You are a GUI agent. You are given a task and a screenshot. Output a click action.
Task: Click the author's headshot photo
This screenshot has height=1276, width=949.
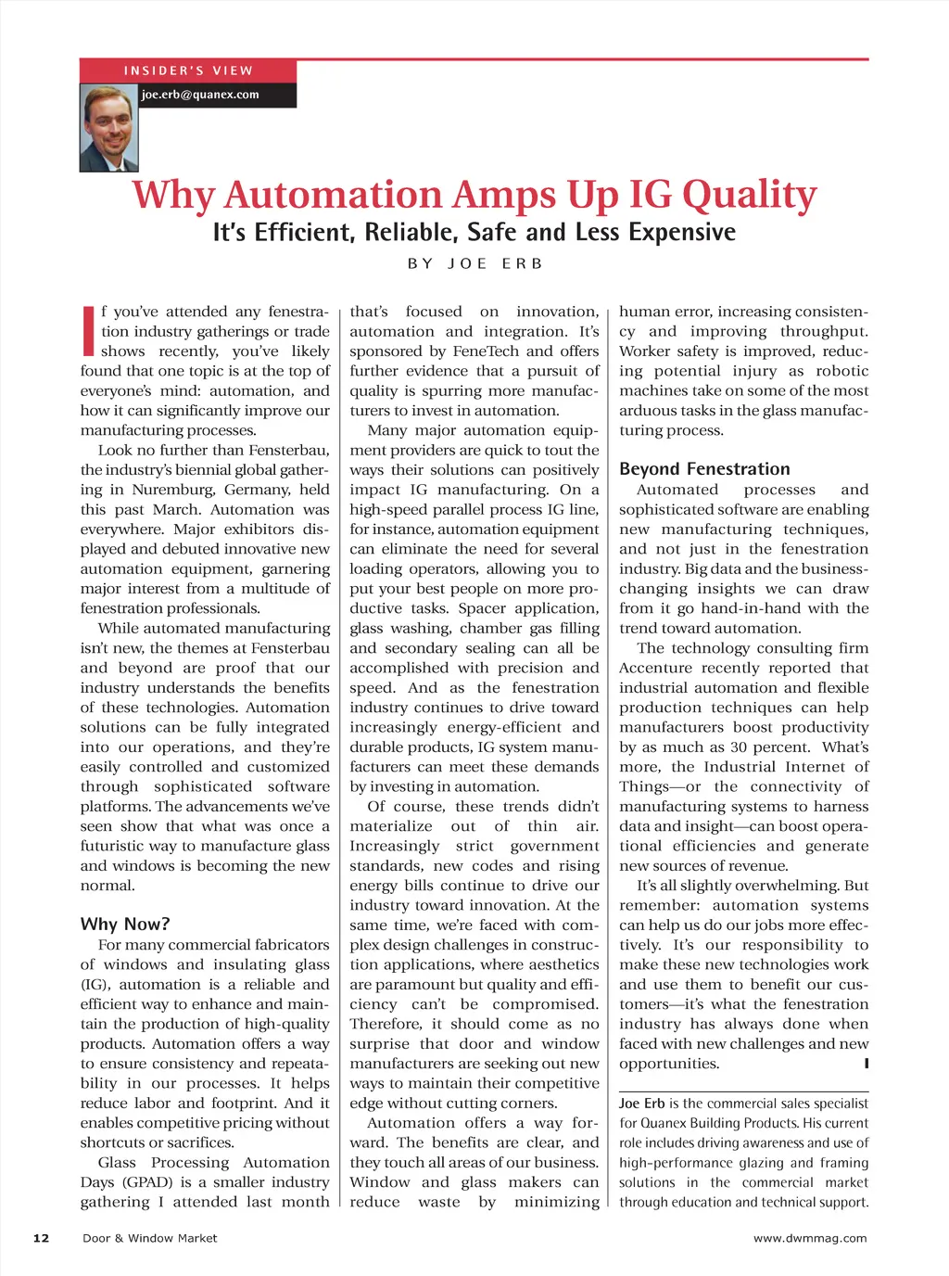pos(109,128)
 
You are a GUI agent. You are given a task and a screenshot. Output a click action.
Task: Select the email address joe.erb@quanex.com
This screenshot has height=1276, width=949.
pos(200,95)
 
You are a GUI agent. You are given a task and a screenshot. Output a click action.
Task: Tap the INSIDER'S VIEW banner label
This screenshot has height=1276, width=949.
pos(188,70)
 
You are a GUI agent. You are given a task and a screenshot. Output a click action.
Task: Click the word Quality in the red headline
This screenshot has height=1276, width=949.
pos(749,196)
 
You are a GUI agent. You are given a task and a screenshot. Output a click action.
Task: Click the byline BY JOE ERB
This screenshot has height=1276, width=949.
pos(474,263)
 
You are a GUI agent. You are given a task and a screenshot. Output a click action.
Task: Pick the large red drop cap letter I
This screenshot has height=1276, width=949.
pos(89,330)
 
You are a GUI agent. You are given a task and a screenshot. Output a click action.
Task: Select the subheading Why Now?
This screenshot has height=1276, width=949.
pos(125,924)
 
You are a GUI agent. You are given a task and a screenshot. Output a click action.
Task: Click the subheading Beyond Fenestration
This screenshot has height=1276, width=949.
pos(704,469)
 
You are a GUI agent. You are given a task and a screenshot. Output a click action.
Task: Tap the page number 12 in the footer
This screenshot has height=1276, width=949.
pos(41,1238)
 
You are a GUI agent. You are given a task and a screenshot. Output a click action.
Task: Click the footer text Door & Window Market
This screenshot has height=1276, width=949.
pos(150,1238)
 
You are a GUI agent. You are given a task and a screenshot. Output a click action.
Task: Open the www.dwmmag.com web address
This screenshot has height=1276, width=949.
pos(810,1238)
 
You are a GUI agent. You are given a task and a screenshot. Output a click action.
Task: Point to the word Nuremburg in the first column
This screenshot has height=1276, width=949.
pos(171,490)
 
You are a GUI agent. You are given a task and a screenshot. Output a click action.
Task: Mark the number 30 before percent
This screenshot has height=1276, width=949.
pos(739,747)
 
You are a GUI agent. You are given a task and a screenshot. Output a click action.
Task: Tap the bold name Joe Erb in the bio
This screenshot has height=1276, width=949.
pos(641,1104)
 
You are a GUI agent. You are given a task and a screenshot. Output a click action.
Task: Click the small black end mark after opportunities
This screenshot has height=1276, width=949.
pos(866,1064)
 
